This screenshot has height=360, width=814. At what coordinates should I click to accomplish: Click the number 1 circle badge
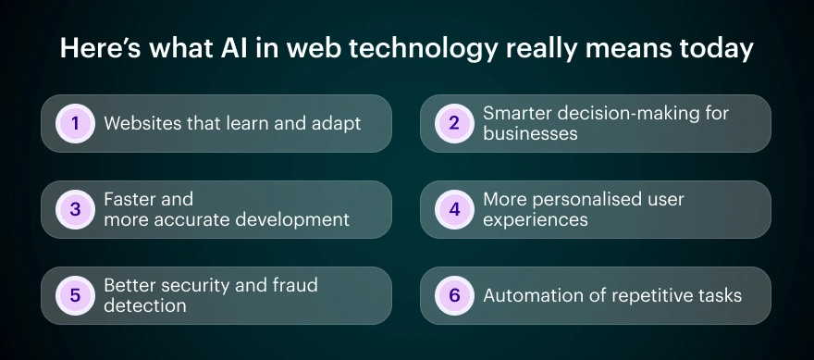pos(75,123)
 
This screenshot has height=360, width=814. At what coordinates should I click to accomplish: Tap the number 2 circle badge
pos(454,123)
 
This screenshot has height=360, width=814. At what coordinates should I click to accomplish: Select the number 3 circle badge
pos(75,209)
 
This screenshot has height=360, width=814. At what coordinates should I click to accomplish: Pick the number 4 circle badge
pos(454,209)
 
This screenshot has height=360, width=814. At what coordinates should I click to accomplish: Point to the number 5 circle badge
pos(75,295)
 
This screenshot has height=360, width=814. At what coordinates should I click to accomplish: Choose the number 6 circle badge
pos(454,295)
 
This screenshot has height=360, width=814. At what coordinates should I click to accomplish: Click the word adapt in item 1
pos(337,123)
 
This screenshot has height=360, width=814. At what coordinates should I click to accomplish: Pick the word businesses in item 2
pos(530,133)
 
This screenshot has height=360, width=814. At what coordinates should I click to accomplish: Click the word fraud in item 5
pos(294,285)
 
